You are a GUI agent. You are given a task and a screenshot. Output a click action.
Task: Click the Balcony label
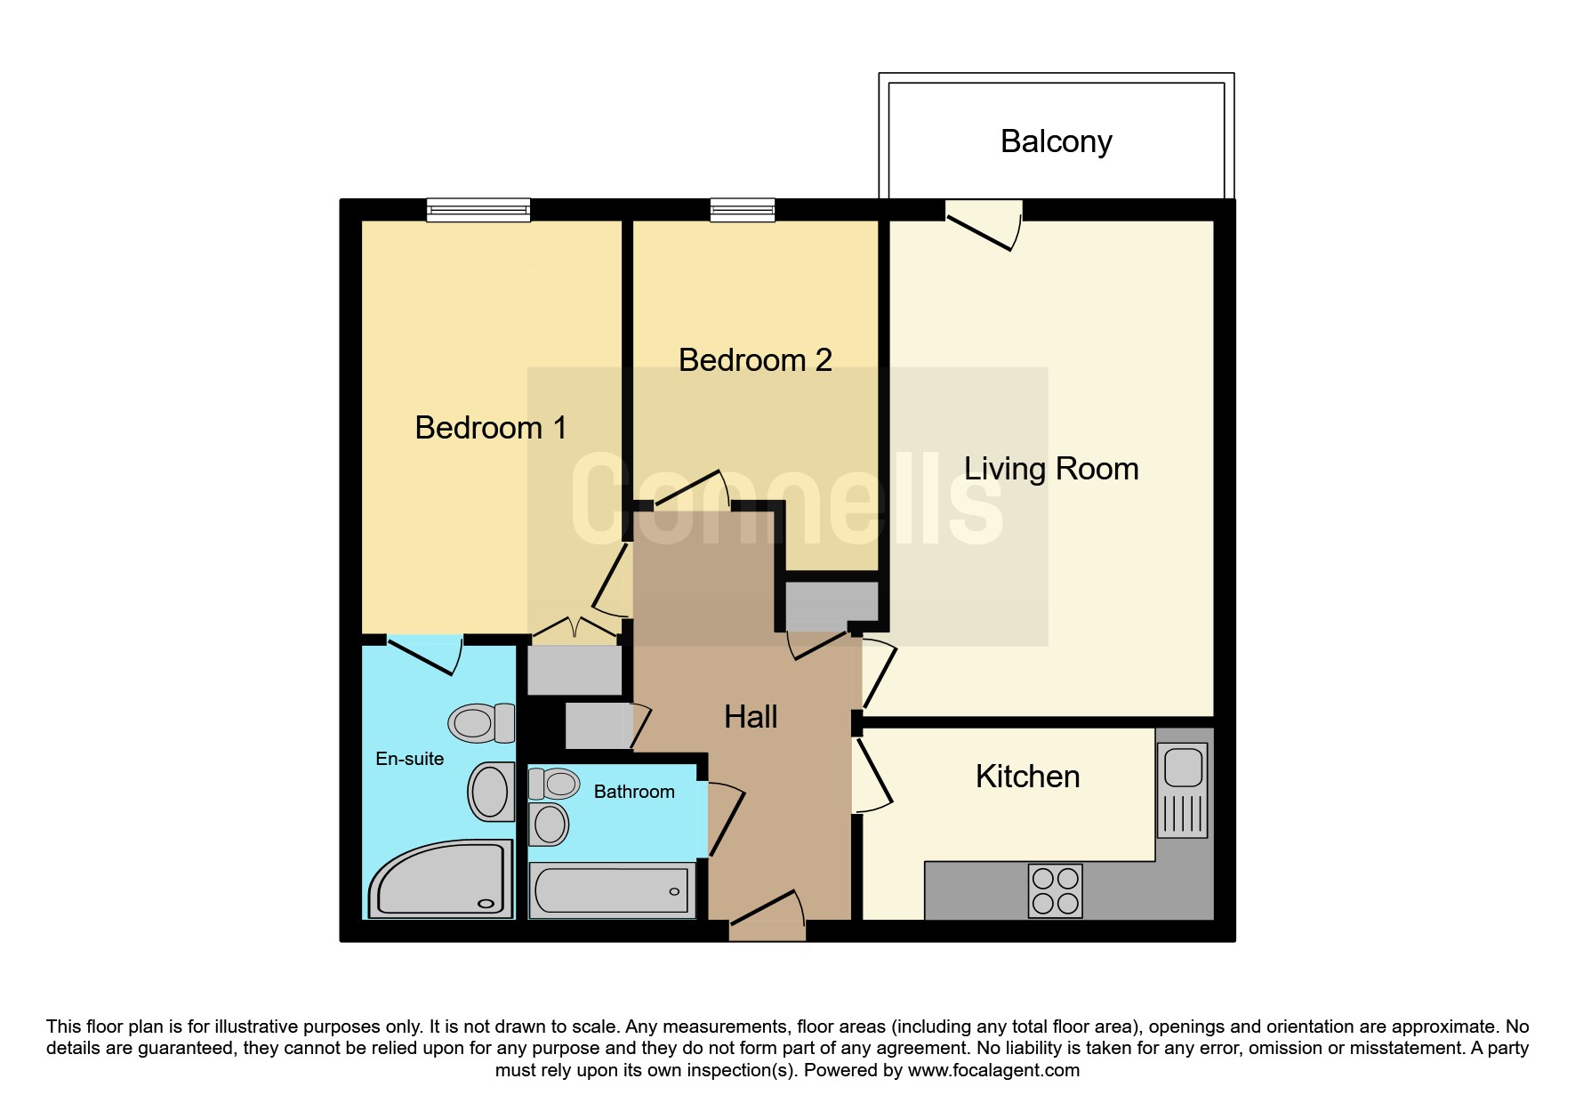tap(1056, 142)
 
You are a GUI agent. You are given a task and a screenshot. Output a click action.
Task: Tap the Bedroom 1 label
tap(491, 428)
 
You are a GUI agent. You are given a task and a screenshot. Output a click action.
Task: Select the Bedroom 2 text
tap(755, 360)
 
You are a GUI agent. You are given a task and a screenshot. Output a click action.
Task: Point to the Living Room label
tap(1051, 469)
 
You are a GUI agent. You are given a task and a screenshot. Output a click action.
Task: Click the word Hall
tap(751, 717)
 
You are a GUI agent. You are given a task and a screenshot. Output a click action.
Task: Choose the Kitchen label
tap(1027, 777)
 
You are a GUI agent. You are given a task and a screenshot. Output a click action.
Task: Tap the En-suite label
tap(409, 759)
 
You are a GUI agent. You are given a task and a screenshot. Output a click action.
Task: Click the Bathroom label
tap(634, 792)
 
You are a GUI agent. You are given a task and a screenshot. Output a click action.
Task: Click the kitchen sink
tap(1183, 790)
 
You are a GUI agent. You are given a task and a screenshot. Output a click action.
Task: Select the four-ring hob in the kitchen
tap(1056, 890)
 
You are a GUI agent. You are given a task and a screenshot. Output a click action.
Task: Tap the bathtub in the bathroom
tap(612, 890)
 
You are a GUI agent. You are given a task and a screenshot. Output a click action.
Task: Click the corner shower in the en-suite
tap(441, 879)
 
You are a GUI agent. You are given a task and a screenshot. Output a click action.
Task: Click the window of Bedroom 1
tap(478, 210)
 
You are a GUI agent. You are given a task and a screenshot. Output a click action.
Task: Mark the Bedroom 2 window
tap(743, 210)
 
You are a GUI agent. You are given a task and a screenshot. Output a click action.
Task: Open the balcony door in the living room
tap(984, 227)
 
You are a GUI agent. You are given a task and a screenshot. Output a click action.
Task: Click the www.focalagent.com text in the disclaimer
tap(993, 1071)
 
